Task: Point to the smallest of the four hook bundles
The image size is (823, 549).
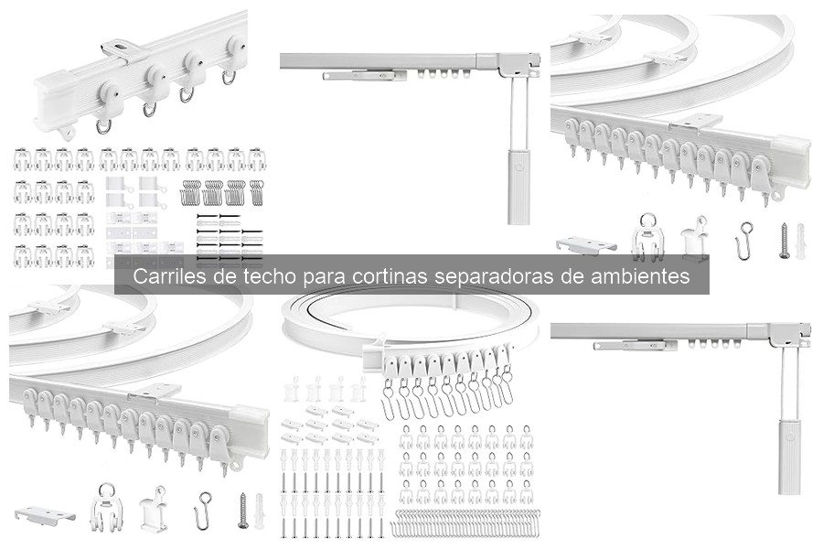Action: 257,192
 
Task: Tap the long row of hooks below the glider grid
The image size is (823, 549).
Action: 465,528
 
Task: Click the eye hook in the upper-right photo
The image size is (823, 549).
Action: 745,240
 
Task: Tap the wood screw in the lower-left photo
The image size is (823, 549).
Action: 242,511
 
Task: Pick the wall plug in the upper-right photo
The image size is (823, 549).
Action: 802,242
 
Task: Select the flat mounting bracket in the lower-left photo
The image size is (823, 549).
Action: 45,514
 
